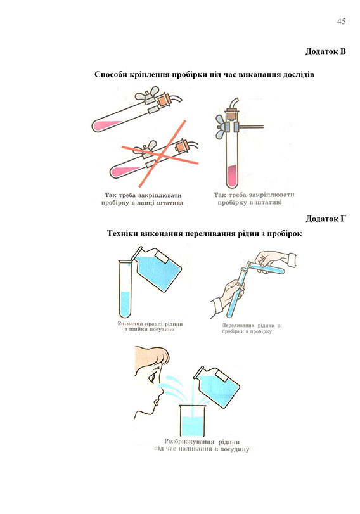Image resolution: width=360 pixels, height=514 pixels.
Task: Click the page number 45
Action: (341, 22)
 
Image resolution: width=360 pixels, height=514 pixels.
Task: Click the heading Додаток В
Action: (326, 51)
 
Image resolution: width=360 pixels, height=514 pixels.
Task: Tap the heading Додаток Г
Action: (326, 219)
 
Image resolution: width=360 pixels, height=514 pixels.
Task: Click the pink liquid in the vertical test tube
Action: (231, 176)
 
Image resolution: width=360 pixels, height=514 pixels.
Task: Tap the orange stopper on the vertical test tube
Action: (231, 116)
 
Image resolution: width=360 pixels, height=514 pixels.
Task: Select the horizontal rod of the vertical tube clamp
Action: (252, 126)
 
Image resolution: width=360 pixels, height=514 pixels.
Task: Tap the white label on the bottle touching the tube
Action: (163, 258)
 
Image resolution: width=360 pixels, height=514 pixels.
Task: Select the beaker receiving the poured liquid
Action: (192, 421)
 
